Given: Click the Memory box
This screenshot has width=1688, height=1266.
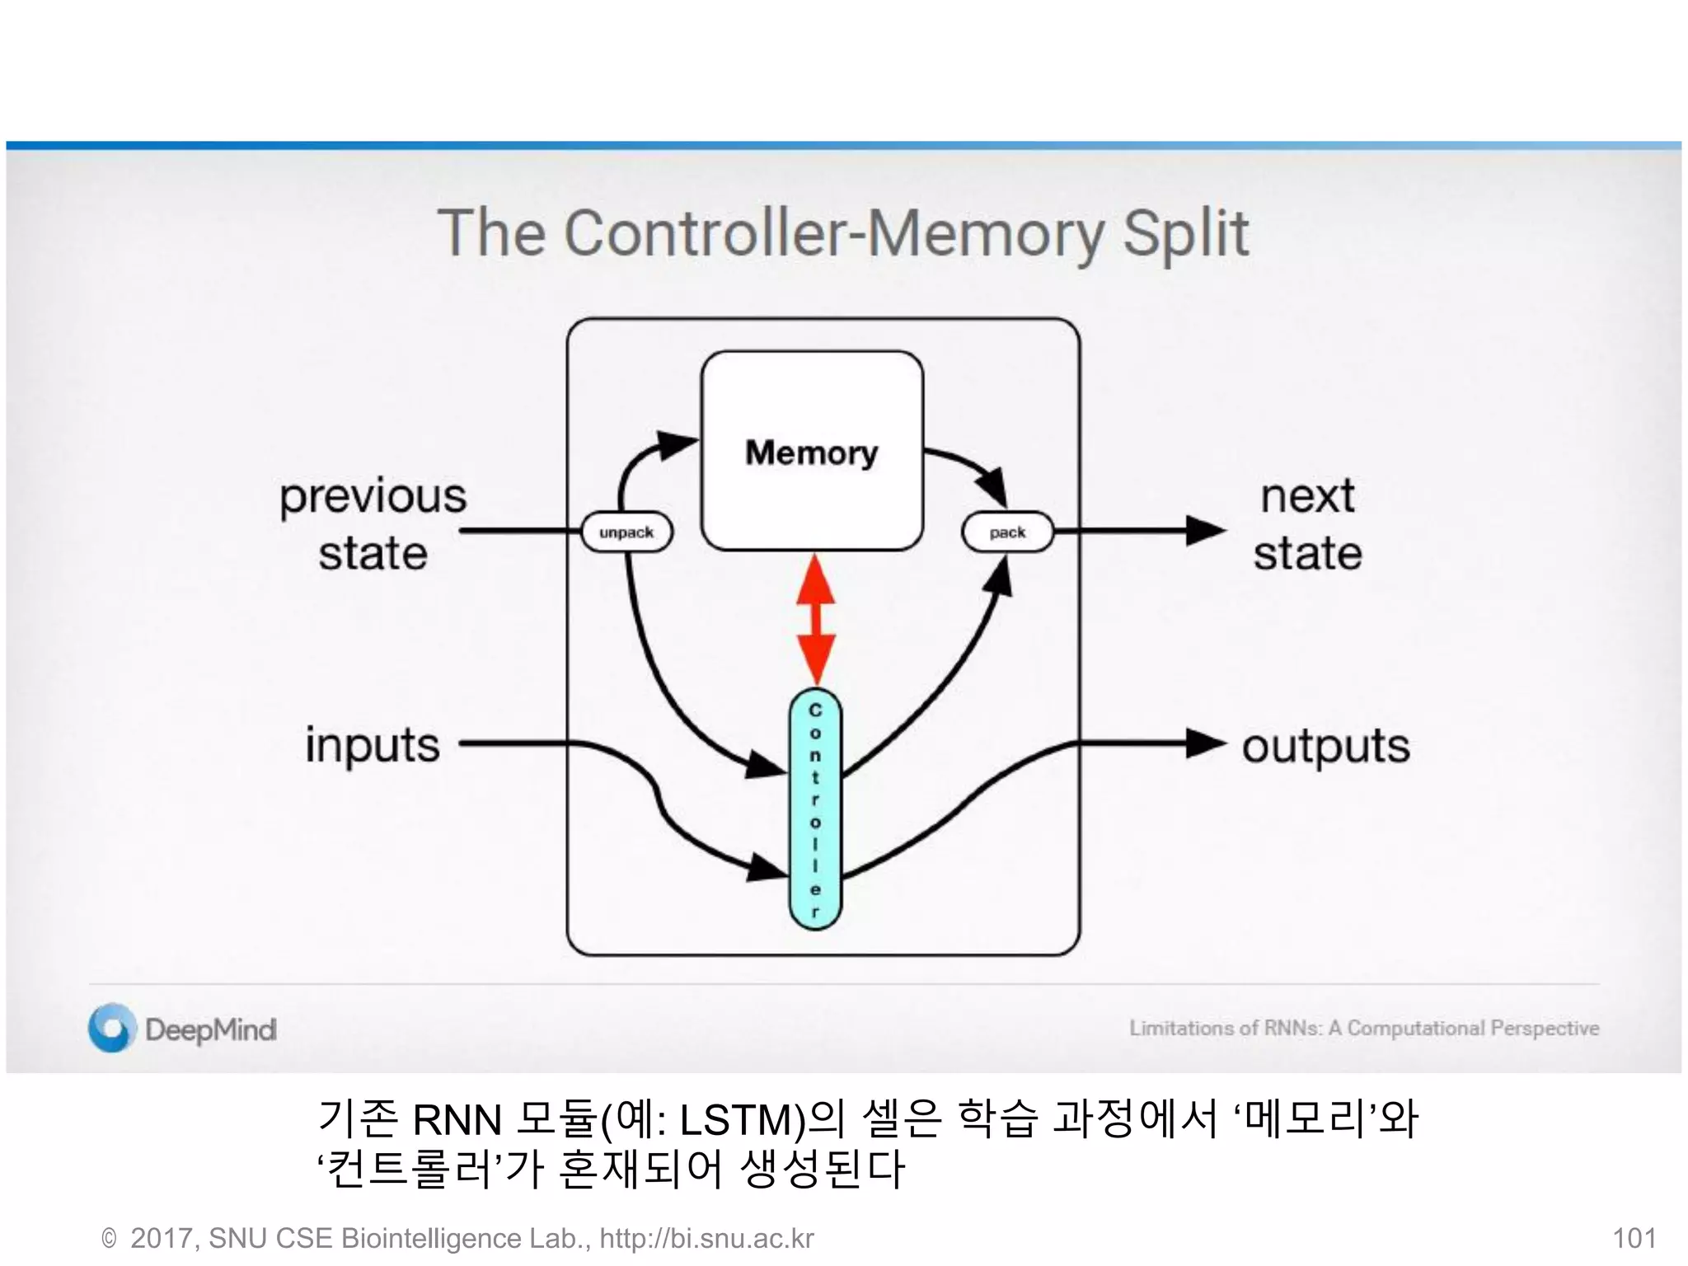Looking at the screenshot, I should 812,451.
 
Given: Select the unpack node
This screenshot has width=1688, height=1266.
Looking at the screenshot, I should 626,532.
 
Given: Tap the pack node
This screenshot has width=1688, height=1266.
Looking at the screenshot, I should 1007,532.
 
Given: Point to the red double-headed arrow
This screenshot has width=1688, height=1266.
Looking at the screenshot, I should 816,618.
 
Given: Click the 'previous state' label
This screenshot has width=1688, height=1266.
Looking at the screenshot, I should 373,523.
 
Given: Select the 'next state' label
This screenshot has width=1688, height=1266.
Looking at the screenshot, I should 1307,523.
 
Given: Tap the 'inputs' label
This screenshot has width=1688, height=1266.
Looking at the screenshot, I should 373,744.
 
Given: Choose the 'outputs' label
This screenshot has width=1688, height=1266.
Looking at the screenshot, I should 1325,746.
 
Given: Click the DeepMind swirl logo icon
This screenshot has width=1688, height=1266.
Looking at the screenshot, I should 112,1028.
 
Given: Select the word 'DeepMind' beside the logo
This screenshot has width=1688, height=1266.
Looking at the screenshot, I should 211,1029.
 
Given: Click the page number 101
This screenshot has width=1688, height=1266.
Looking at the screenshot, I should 1634,1238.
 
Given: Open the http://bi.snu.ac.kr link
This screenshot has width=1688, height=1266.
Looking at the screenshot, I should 706,1238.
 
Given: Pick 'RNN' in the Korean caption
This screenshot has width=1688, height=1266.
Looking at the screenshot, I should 457,1120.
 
